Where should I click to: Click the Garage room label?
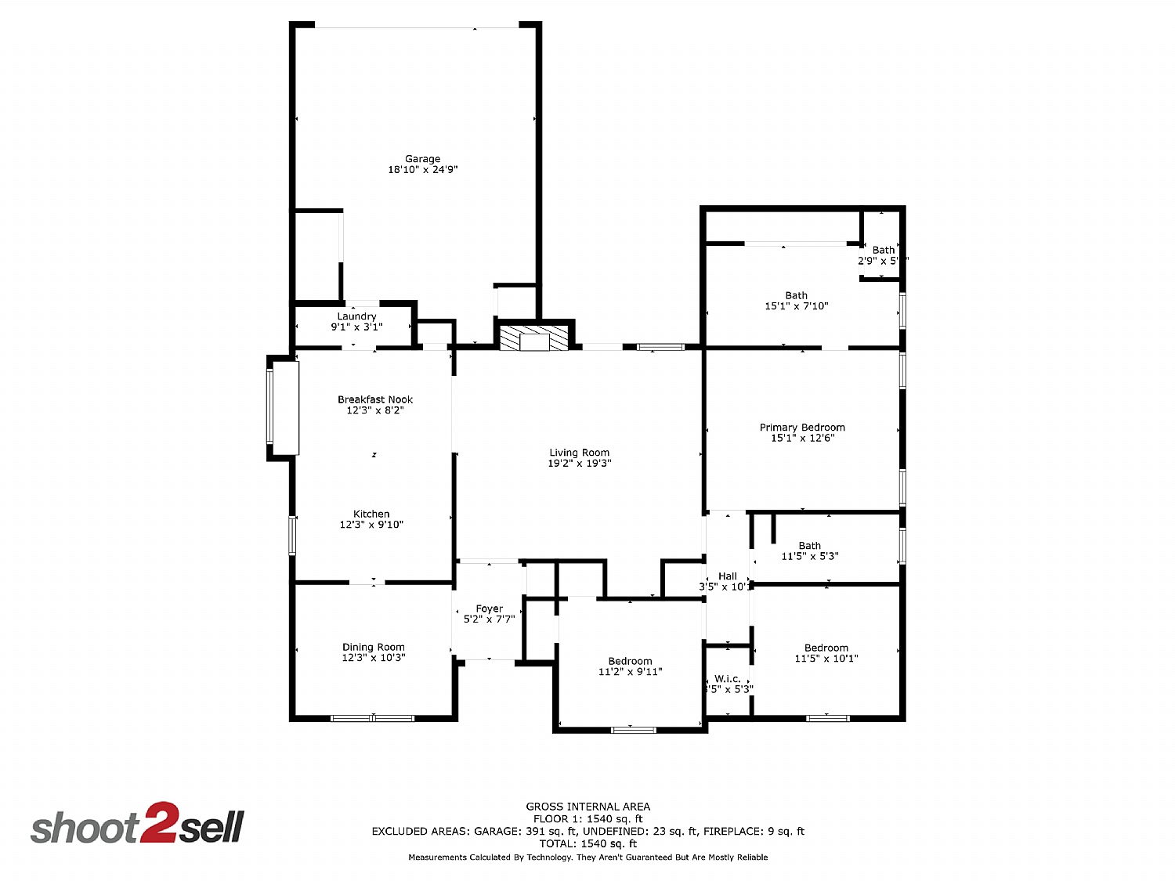click(x=422, y=159)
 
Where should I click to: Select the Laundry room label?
click(x=356, y=316)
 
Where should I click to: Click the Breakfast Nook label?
click(x=375, y=399)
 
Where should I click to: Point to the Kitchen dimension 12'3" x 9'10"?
click(x=371, y=525)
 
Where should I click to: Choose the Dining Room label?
click(x=373, y=647)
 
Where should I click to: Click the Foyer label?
click(x=489, y=608)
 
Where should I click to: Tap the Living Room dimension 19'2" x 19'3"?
click(x=579, y=463)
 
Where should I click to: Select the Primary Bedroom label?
click(x=802, y=428)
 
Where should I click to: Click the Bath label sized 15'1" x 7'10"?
click(x=796, y=296)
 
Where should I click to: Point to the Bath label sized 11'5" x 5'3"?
click(x=810, y=546)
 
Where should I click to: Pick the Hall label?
click(x=727, y=576)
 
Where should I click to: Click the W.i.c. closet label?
click(x=727, y=679)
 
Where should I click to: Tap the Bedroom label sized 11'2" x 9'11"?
click(x=630, y=662)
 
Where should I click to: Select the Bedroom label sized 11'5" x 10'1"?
click(x=826, y=648)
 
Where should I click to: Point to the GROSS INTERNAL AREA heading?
click(x=587, y=807)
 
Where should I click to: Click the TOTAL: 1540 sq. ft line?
click(x=587, y=844)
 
